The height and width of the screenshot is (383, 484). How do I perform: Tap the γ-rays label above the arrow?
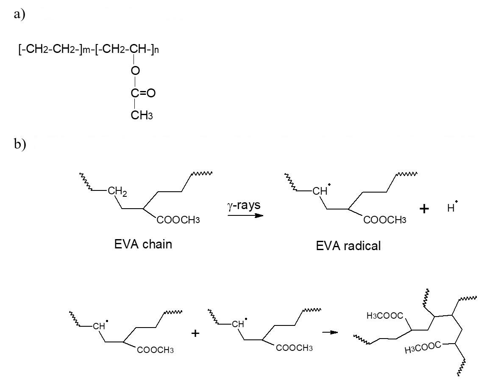[244, 206]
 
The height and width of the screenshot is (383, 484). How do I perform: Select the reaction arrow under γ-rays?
[245, 215]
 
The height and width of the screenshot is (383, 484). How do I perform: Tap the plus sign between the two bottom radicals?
[195, 333]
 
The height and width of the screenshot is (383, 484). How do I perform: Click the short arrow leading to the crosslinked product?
[330, 332]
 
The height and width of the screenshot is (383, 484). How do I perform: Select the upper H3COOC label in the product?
[385, 315]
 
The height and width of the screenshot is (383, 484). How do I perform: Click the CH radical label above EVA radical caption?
[320, 191]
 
